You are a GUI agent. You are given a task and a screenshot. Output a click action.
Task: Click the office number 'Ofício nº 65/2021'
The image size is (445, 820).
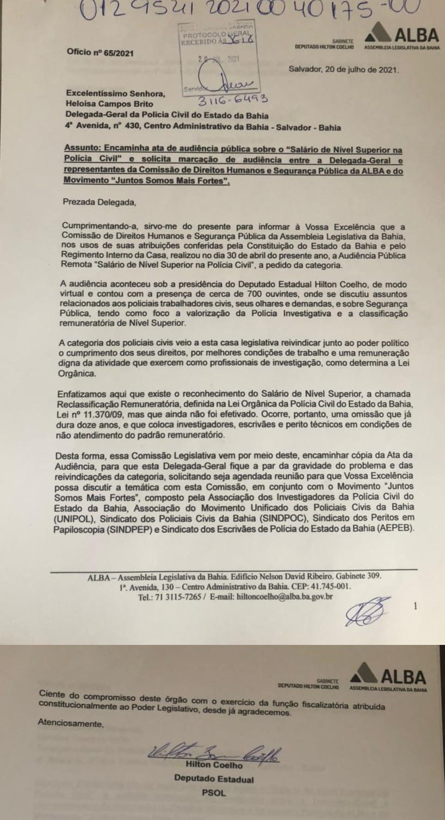[99, 53]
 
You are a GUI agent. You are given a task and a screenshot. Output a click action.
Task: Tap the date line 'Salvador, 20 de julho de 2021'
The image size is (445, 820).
[344, 70]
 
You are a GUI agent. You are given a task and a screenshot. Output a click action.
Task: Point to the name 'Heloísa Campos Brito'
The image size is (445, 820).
[109, 103]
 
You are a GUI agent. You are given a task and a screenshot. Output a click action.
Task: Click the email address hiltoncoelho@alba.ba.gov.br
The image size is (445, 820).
[285, 596]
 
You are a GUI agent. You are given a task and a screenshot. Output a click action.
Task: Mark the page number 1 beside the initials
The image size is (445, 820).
[415, 605]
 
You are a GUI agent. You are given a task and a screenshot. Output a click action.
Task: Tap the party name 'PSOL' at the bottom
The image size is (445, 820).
[213, 793]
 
